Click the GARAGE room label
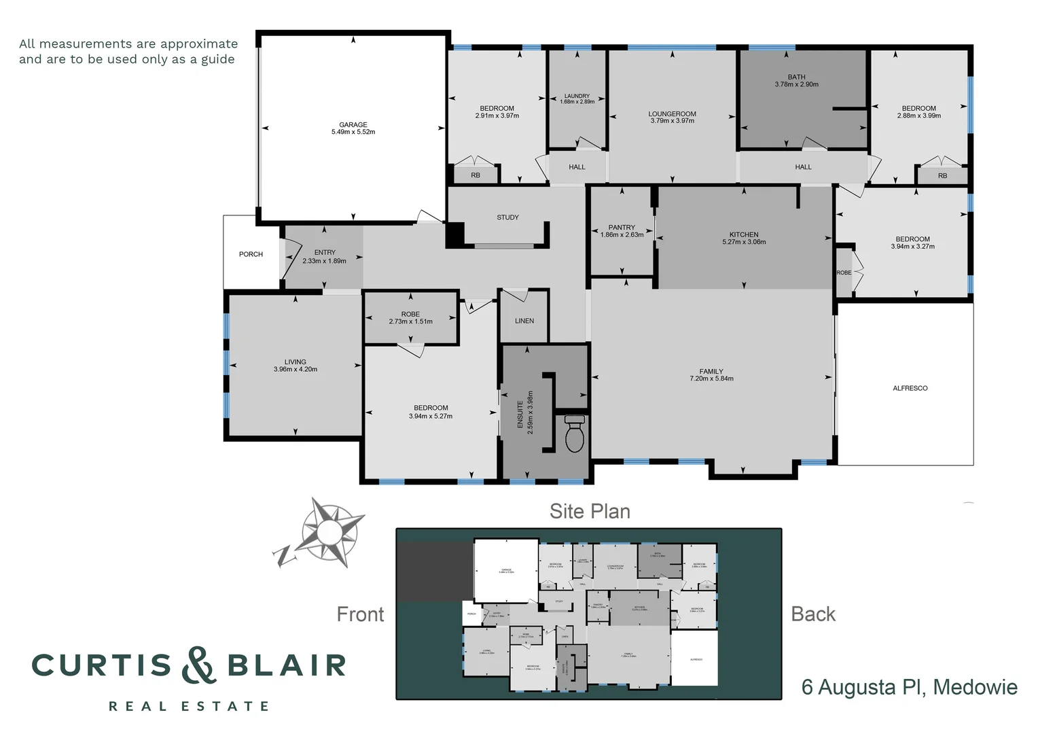click(x=353, y=124)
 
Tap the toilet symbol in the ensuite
click(x=575, y=434)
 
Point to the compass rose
click(x=327, y=529)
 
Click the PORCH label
click(x=251, y=254)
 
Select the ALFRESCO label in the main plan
click(x=910, y=388)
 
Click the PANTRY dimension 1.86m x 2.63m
click(x=622, y=235)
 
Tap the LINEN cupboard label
click(x=524, y=321)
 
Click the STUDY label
click(x=507, y=217)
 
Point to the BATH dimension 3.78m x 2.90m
click(x=796, y=85)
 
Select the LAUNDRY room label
click(x=577, y=96)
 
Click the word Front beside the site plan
click(x=360, y=614)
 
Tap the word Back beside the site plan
click(x=813, y=614)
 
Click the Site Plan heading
click(x=590, y=511)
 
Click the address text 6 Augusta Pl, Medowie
click(x=909, y=687)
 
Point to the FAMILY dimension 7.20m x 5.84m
click(x=711, y=379)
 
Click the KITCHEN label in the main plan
click(x=744, y=234)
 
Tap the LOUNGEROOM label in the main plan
click(x=672, y=114)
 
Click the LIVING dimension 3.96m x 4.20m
click(x=296, y=370)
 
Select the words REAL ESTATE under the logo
click(x=189, y=707)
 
